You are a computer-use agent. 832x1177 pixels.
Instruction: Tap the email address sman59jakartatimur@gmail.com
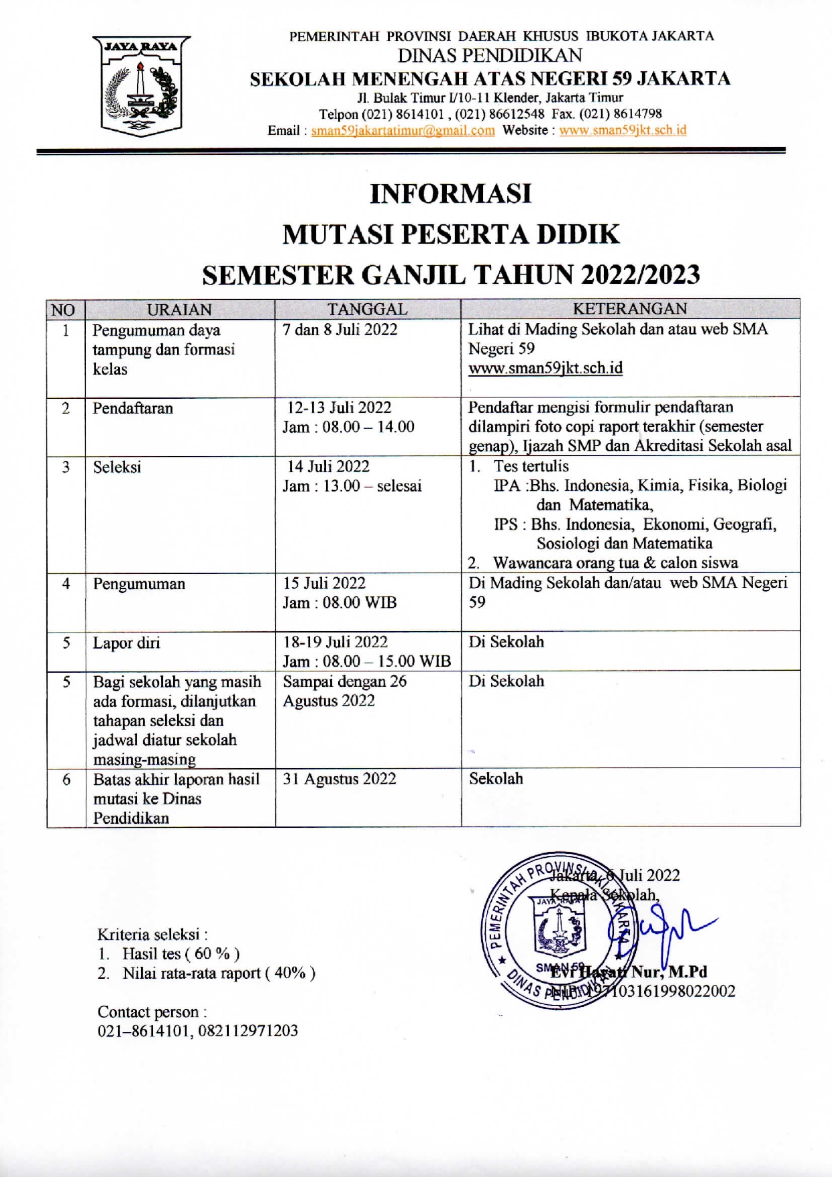(403, 130)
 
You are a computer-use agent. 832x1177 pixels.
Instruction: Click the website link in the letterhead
(623, 130)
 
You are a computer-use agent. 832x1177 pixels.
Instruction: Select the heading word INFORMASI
(451, 194)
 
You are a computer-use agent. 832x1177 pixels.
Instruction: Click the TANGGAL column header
(367, 309)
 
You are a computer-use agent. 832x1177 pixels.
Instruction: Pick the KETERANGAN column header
(630, 309)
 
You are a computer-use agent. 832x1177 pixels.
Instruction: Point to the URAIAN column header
(179, 310)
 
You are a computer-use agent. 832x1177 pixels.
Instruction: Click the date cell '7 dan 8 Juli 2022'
(340, 330)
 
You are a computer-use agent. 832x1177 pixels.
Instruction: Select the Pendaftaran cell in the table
(133, 408)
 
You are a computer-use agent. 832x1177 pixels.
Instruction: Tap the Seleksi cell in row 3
(117, 467)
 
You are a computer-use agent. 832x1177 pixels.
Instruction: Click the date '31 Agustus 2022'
(340, 779)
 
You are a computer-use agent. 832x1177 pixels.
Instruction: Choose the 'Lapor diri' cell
(127, 643)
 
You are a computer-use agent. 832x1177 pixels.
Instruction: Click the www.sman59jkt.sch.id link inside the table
(545, 368)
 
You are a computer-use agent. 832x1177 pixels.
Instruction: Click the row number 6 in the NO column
(66, 780)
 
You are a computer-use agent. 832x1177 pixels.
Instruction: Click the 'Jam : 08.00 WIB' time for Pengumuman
(340, 602)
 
